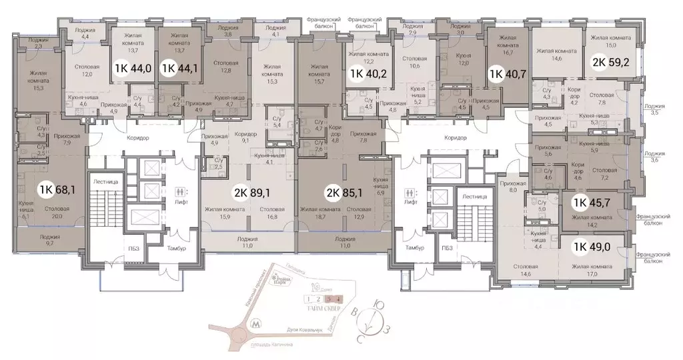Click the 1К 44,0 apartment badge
click(133, 67)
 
